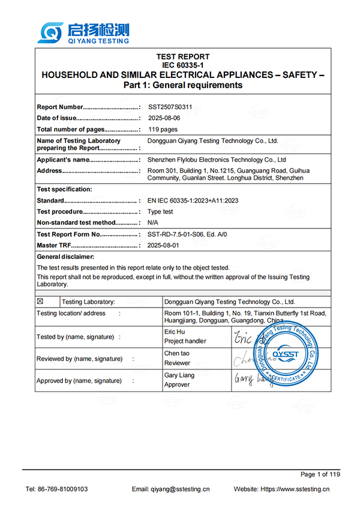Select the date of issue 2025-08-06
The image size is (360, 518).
pyautogui.click(x=163, y=118)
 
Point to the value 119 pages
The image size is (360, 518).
pyautogui.click(x=163, y=129)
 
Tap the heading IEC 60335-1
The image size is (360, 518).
pyautogui.click(x=182, y=65)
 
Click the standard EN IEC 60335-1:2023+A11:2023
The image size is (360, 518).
pyautogui.click(x=193, y=201)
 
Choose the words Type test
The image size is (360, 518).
pyautogui.click(x=160, y=212)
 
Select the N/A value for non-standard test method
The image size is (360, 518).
pyautogui.click(x=153, y=222)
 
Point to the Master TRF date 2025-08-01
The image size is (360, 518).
pyautogui.click(x=163, y=246)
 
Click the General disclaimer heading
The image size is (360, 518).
pyautogui.click(x=65, y=257)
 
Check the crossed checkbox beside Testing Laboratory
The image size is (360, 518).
pyautogui.click(x=41, y=302)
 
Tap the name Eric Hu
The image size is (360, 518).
pyautogui.click(x=174, y=331)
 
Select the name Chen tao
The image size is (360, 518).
pyautogui.click(x=176, y=353)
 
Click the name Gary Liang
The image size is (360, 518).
pyautogui.click(x=178, y=375)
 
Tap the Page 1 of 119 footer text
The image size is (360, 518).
pyautogui.click(x=320, y=474)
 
